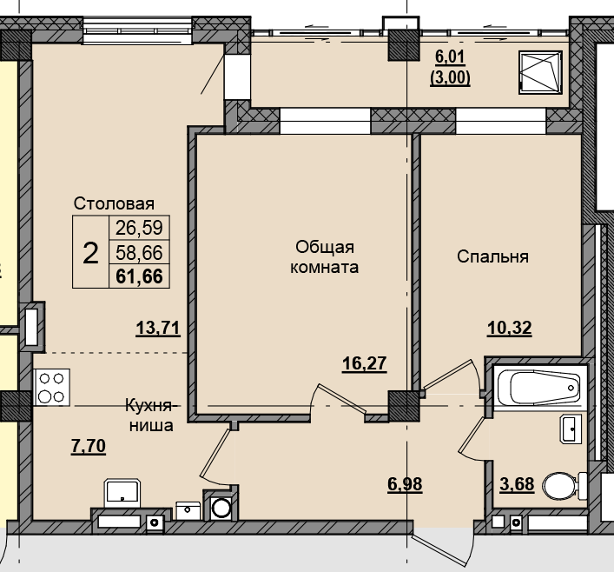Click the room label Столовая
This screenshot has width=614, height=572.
(114, 204)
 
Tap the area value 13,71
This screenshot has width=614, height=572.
(157, 328)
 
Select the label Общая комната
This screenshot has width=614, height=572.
(322, 257)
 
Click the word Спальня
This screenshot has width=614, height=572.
(493, 257)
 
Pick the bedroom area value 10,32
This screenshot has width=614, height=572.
(509, 328)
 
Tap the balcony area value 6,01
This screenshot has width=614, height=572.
(450, 58)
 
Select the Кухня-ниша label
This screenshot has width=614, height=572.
(151, 416)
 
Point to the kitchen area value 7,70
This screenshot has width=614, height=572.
(88, 447)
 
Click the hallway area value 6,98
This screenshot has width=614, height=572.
(405, 484)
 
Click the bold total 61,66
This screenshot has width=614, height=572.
(138, 276)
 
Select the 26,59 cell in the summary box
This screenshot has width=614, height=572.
(138, 229)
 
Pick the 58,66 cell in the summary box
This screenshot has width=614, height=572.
(138, 253)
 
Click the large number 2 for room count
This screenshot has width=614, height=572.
(89, 253)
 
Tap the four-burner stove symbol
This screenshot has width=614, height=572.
(52, 388)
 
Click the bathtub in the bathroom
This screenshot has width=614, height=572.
(537, 384)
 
